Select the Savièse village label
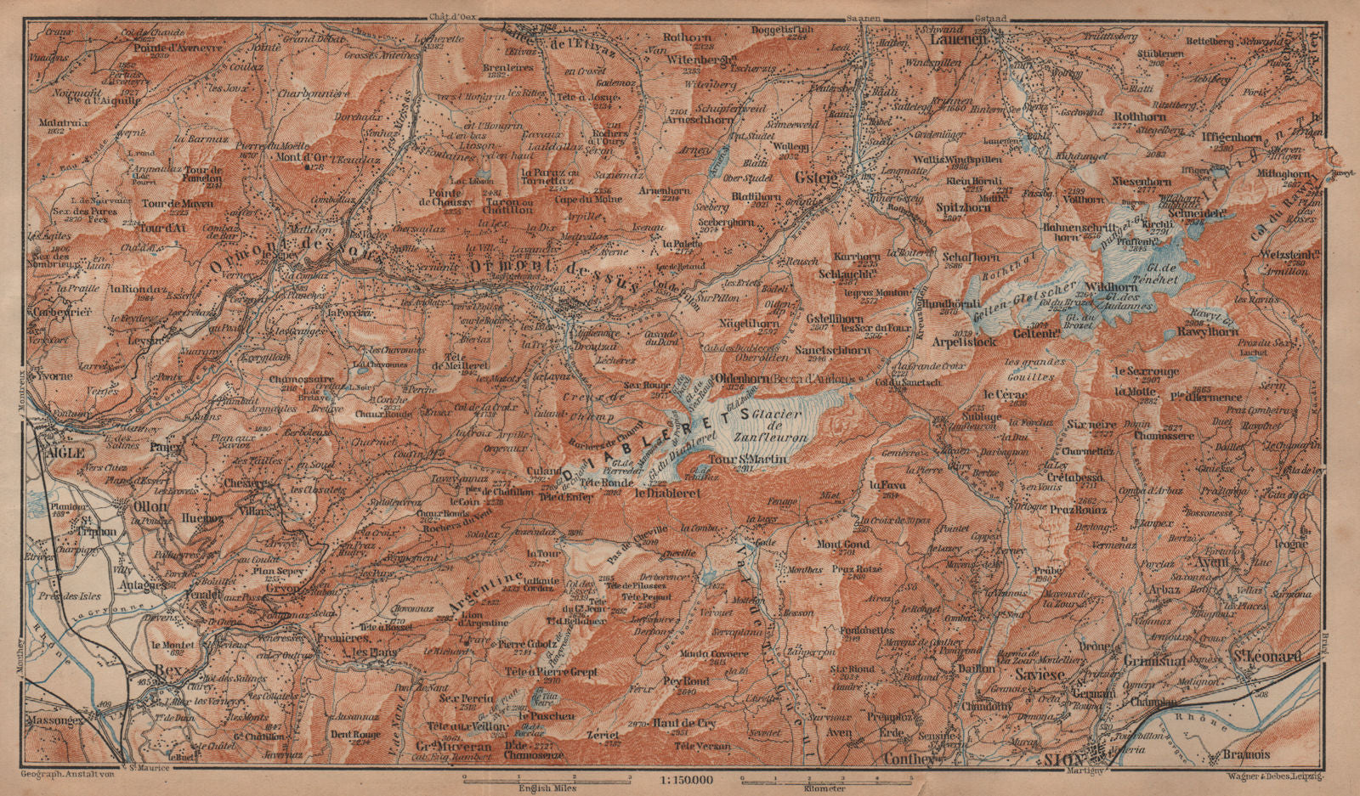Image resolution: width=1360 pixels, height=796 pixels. coord(1041,674)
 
